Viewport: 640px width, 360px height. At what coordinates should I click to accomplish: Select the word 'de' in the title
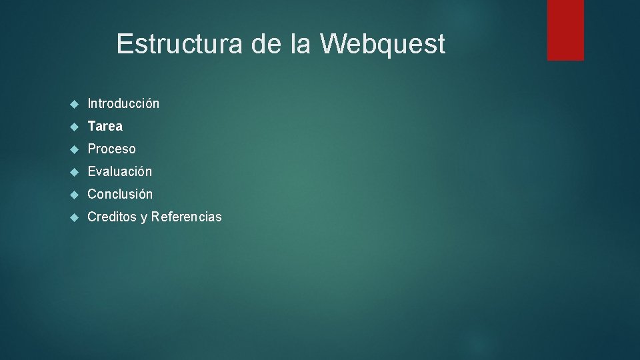click(265, 45)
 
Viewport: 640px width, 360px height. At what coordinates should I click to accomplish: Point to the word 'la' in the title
click(300, 45)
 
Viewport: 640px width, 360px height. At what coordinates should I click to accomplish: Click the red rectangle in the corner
click(565, 30)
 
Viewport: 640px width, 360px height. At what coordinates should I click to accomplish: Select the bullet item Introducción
click(123, 103)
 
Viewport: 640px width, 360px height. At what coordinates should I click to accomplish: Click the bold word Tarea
click(105, 126)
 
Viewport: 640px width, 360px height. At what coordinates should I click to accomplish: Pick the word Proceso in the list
click(111, 149)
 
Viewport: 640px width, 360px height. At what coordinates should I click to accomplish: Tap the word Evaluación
click(120, 171)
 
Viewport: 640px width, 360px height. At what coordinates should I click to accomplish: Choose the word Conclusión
click(120, 194)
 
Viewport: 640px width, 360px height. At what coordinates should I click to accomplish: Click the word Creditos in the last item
click(111, 217)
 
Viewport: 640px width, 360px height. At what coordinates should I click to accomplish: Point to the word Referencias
click(186, 217)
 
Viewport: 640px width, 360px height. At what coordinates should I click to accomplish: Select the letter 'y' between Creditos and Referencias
click(143, 218)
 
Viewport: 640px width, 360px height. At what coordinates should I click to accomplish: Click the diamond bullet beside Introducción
click(74, 104)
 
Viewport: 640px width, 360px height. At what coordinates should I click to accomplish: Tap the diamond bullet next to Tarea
click(74, 127)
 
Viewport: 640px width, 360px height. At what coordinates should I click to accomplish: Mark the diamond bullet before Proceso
click(74, 149)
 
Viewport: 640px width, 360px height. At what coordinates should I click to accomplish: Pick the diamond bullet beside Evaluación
click(74, 172)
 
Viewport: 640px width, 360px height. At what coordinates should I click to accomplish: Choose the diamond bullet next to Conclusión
click(74, 195)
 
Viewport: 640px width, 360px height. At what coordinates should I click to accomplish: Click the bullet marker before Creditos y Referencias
click(74, 217)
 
